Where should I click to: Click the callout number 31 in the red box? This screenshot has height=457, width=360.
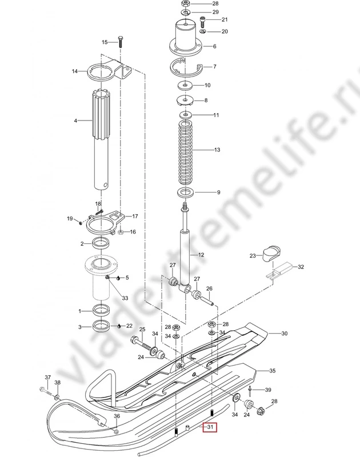[210, 427]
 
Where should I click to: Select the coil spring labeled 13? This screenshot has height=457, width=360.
[185, 153]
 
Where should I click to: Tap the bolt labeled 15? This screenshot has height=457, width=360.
[120, 42]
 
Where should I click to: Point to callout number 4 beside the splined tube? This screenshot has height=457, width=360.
[75, 121]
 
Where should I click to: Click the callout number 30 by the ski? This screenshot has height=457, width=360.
[284, 334]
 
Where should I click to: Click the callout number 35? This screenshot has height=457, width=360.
[272, 371]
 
